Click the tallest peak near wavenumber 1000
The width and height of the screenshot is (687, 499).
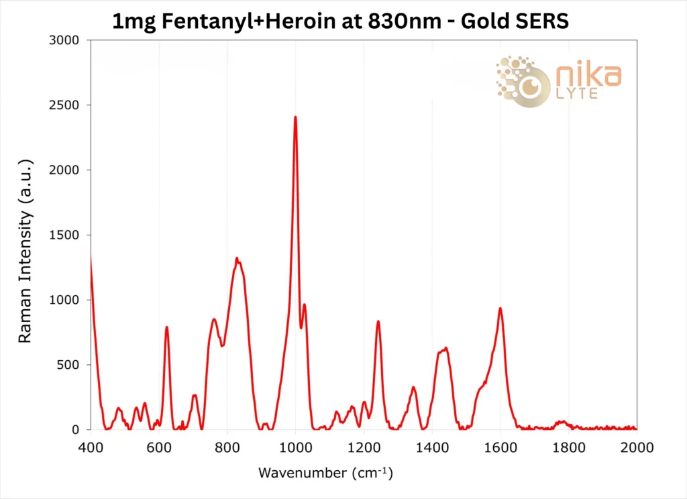point(295,118)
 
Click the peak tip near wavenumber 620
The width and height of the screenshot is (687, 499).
point(166,328)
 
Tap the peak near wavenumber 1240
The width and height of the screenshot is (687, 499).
point(378,322)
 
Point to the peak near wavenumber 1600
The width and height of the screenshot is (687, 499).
point(500,309)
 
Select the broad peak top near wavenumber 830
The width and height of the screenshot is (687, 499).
point(237,259)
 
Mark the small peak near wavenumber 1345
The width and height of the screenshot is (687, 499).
point(413,388)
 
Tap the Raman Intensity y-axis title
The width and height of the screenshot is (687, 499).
point(25,252)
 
